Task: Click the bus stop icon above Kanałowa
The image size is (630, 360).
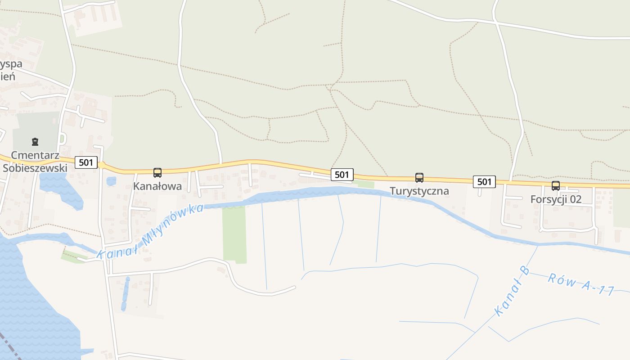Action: (x=157, y=172)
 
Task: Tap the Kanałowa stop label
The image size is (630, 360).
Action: (x=157, y=186)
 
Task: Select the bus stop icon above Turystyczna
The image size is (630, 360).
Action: (x=419, y=178)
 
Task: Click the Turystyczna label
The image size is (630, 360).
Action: (x=419, y=191)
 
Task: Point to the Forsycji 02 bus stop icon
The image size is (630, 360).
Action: (x=556, y=186)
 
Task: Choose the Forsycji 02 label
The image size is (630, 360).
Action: (x=556, y=199)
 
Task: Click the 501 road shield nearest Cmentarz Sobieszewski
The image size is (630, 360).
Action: (x=85, y=162)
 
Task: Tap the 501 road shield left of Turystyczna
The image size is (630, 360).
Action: (x=342, y=175)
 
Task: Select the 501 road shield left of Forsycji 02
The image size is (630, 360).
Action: (x=484, y=182)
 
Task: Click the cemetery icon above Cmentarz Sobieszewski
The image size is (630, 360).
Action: (x=35, y=142)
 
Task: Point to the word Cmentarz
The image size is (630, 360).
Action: (x=35, y=155)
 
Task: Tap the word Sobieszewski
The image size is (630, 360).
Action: (x=35, y=168)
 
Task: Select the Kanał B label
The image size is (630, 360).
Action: (x=512, y=291)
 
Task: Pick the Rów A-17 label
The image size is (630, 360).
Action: (x=580, y=284)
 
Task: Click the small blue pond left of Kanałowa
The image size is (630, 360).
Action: (x=111, y=181)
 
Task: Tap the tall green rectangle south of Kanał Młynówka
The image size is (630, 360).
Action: (x=234, y=234)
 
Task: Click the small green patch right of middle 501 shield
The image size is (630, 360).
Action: (x=366, y=184)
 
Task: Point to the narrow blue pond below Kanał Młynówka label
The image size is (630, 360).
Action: (x=125, y=295)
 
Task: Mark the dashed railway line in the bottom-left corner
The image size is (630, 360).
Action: (x=10, y=347)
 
